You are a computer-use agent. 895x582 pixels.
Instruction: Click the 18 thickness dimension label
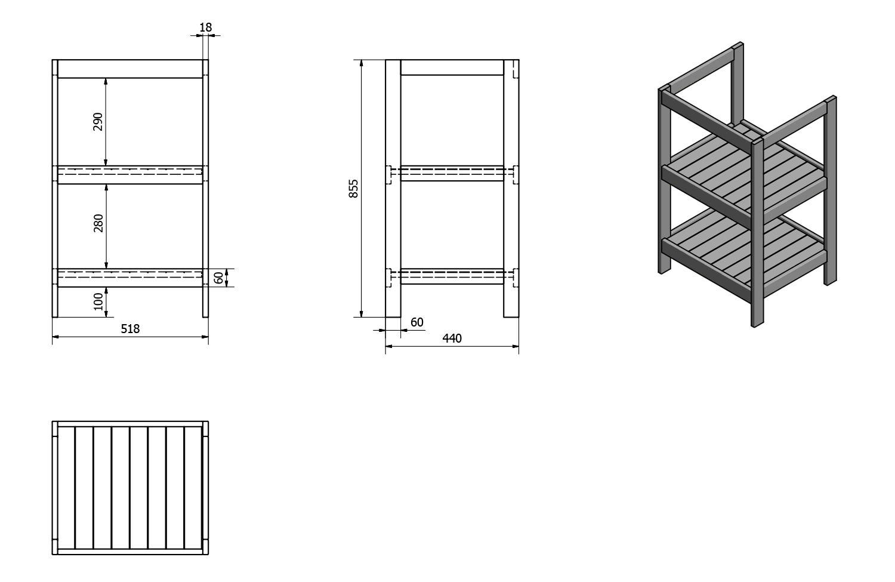[x=205, y=27]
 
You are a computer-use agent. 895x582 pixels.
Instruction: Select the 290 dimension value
[x=98, y=122]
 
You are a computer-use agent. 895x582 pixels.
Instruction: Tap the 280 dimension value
[x=98, y=223]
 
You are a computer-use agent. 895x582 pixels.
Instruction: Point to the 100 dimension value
[x=98, y=301]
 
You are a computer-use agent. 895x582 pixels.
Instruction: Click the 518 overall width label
[x=130, y=328]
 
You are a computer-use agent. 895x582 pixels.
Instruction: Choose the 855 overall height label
[x=354, y=189]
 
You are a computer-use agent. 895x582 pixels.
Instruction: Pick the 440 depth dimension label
[x=452, y=338]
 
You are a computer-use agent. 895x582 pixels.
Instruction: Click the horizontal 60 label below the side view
[x=416, y=322]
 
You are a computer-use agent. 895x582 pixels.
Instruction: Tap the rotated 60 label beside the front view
[x=218, y=278]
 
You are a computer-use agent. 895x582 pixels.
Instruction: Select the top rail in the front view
[x=130, y=69]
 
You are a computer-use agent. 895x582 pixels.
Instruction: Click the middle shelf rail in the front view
[x=130, y=175]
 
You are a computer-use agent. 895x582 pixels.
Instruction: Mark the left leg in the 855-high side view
[x=393, y=188]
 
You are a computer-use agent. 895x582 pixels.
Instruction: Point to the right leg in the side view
[x=511, y=188]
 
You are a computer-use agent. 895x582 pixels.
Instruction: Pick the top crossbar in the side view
[x=452, y=67]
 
